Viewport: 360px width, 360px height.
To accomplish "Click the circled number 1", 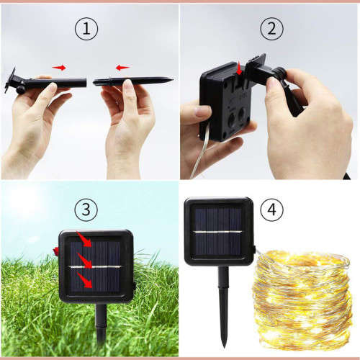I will (x=86, y=30).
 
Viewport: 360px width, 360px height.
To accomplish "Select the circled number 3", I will (x=86, y=210).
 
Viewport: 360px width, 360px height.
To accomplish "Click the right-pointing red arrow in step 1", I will (x=59, y=68).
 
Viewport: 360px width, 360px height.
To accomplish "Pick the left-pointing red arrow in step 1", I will (x=122, y=68).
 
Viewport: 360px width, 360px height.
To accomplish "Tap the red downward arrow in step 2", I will (x=240, y=69).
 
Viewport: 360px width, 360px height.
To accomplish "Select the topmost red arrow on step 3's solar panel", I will (x=85, y=241).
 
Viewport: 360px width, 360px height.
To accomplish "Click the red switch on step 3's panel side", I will (x=55, y=251).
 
